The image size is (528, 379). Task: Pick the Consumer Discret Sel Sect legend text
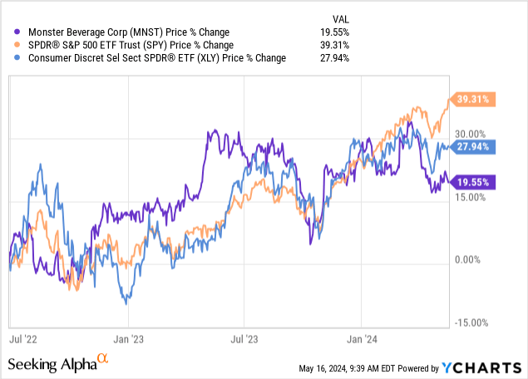click(157, 57)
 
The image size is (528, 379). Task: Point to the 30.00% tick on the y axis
click(470, 134)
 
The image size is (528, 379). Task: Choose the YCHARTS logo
click(486, 367)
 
